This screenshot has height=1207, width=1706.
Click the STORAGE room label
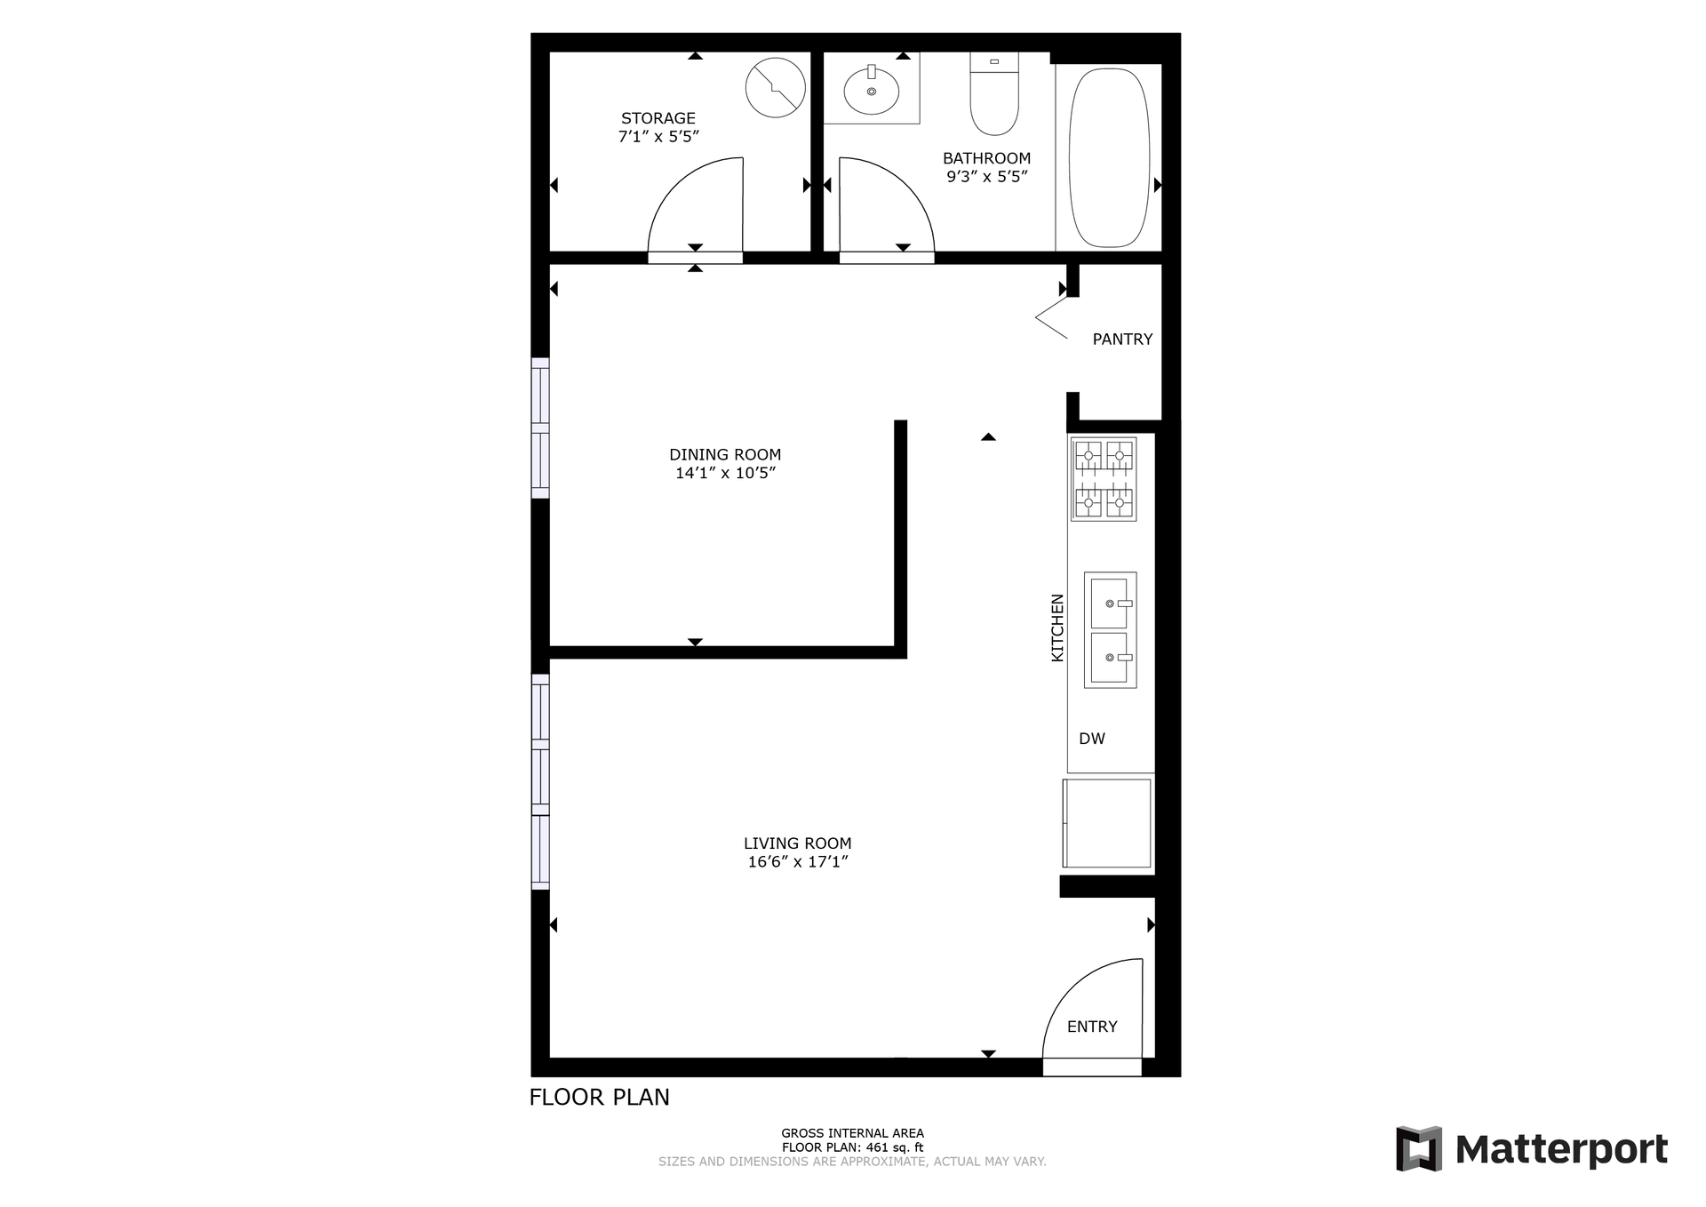click(x=658, y=118)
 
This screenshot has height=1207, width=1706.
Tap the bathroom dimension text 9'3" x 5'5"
click(x=987, y=176)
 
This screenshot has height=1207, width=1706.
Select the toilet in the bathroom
click(x=994, y=93)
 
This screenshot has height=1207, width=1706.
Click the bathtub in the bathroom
click(x=1109, y=158)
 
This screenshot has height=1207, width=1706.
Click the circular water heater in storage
click(x=775, y=87)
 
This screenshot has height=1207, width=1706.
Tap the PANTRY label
click(x=1122, y=340)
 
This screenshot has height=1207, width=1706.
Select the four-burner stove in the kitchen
click(x=1104, y=479)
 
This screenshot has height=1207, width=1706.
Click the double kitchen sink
click(x=1110, y=630)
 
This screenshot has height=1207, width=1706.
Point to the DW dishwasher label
click(x=1092, y=739)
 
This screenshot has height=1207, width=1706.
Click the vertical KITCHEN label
click(x=1057, y=627)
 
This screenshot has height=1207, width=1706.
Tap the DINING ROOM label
click(x=725, y=455)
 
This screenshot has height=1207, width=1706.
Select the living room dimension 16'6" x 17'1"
click(x=798, y=861)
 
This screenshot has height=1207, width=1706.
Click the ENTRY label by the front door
click(x=1092, y=1027)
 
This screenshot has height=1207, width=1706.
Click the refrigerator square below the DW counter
click(x=1107, y=823)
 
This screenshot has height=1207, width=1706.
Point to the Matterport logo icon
click(x=1418, y=1148)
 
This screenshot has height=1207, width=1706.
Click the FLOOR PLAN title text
click(x=600, y=1098)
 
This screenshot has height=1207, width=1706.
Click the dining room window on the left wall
click(x=540, y=428)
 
